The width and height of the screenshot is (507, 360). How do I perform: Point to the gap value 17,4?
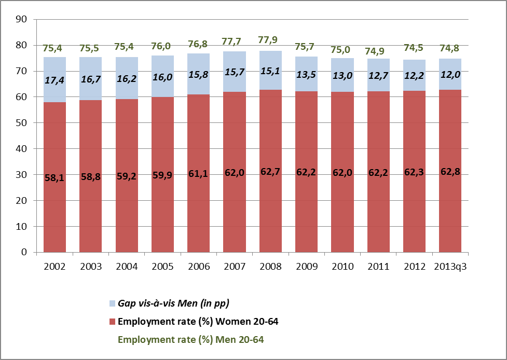click(54, 81)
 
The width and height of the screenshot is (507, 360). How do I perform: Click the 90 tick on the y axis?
click(22, 20)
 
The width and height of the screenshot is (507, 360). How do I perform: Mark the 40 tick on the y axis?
click(22, 149)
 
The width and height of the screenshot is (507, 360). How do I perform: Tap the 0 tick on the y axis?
click(24, 253)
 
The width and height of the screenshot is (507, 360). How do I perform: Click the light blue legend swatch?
click(112, 303)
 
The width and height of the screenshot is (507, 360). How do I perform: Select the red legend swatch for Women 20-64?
click(112, 322)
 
